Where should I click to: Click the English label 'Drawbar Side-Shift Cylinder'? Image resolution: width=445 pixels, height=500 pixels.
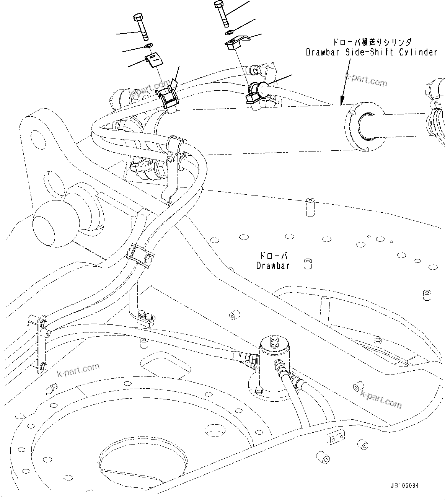click(371, 52)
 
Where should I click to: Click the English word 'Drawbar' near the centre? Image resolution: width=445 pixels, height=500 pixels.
click(273, 265)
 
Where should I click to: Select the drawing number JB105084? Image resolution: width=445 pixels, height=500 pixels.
click(404, 485)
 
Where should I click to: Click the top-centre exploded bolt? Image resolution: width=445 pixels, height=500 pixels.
click(222, 13)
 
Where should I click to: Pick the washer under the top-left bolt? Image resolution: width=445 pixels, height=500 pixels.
click(149, 46)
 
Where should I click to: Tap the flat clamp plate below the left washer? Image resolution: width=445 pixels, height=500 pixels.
click(153, 60)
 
